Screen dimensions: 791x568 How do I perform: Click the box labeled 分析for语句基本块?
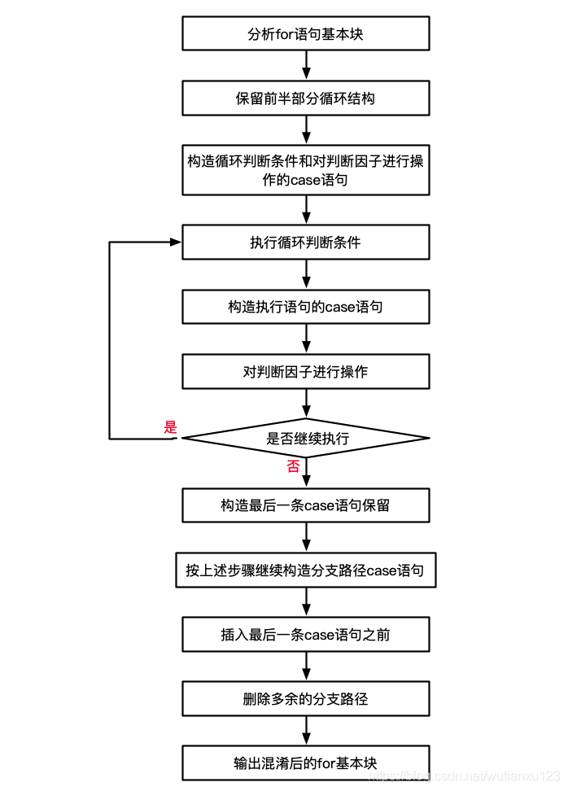pos(305,34)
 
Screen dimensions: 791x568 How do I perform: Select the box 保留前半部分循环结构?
pos(305,98)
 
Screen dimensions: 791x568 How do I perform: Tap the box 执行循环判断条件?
pos(305,243)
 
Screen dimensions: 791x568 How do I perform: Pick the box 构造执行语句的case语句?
pos(305,307)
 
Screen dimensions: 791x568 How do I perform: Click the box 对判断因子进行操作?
pos(305,371)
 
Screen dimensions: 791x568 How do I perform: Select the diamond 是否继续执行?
pos(305,439)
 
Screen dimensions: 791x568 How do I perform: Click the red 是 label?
pos(170,427)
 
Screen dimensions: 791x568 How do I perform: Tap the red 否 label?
pos(292,466)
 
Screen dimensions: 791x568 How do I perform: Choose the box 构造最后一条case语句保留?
pos(305,505)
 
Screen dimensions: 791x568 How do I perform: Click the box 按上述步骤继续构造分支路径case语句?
pos(305,570)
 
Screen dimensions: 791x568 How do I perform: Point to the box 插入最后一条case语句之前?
pos(305,635)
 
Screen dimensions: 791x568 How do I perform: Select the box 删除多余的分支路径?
pos(305,698)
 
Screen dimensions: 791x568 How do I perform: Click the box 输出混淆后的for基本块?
pos(305,763)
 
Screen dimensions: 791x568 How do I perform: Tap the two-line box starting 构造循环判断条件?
pos(305,170)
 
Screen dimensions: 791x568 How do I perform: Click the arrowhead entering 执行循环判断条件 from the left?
pos(175,243)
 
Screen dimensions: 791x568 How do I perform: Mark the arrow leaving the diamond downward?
pos(306,473)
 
